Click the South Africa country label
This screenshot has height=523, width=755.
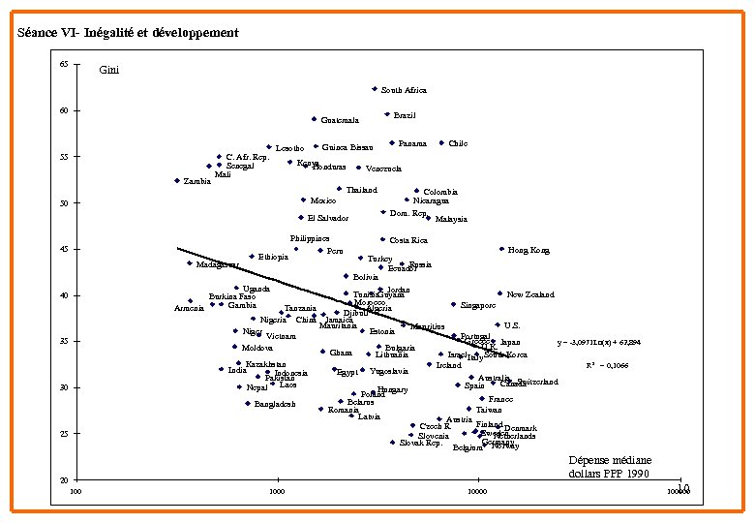pyautogui.click(x=404, y=90)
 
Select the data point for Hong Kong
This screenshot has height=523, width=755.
pyautogui.click(x=501, y=249)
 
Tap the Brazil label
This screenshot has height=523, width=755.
pyautogui.click(x=405, y=115)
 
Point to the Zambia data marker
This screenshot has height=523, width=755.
pyautogui.click(x=177, y=180)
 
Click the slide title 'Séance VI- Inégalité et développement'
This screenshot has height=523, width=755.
pyautogui.click(x=128, y=33)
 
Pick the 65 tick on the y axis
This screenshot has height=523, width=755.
pyautogui.click(x=63, y=64)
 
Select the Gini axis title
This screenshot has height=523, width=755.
pyautogui.click(x=110, y=70)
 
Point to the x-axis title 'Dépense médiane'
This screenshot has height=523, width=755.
pyautogui.click(x=609, y=460)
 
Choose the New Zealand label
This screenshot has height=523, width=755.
pyautogui.click(x=530, y=294)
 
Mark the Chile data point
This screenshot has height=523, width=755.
pyautogui.click(x=441, y=143)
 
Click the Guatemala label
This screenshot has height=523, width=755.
pyautogui.click(x=340, y=121)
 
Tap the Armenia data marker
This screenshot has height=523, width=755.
pyautogui.click(x=191, y=301)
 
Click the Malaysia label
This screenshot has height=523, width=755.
pyautogui.click(x=451, y=219)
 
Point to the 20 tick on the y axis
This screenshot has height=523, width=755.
pyautogui.click(x=63, y=481)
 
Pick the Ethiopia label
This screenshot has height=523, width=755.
pyautogui.click(x=273, y=257)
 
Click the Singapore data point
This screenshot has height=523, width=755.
pyautogui.click(x=453, y=304)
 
